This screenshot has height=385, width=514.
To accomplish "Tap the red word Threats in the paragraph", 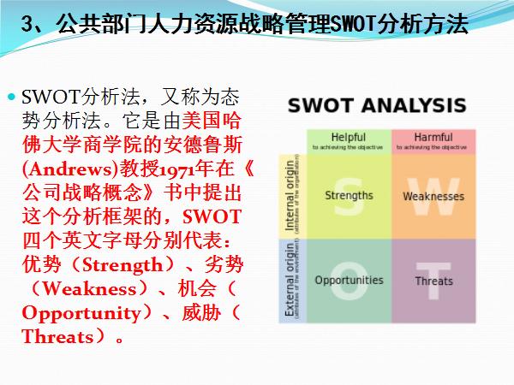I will [57, 336].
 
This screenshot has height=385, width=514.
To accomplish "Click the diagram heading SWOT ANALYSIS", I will [377, 106].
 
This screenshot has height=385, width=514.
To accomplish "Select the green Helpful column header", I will [349, 139].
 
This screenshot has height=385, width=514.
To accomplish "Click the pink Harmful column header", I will [433, 139].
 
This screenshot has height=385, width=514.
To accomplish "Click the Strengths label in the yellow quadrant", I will [349, 195].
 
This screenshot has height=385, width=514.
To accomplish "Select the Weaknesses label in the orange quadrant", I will [433, 196].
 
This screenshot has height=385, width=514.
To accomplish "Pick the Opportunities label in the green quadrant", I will [349, 280].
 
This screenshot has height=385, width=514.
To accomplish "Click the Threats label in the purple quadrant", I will [433, 281].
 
